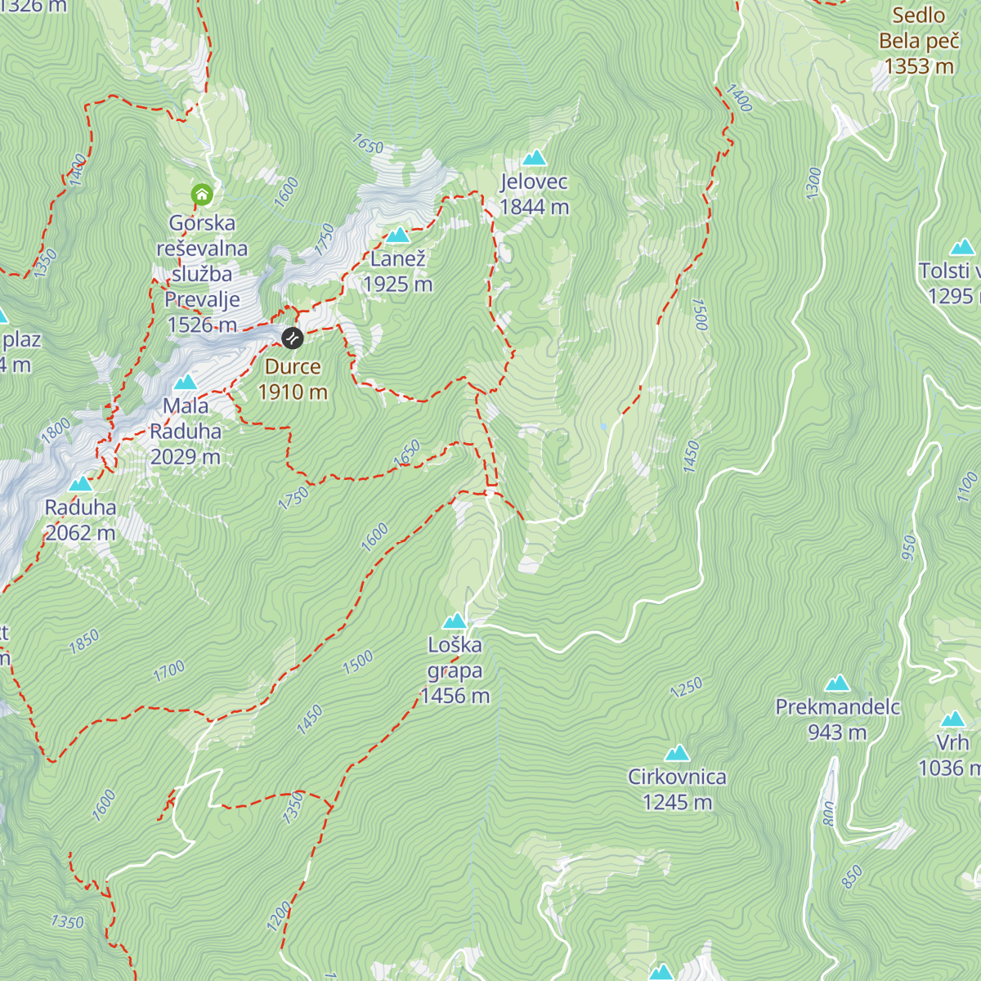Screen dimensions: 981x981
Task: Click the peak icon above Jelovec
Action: (535, 158)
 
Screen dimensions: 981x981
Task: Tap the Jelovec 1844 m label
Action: (535, 195)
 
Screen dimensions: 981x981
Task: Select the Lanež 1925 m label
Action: (397, 271)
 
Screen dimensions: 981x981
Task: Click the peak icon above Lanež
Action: (398, 235)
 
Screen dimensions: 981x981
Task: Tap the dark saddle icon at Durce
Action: (293, 338)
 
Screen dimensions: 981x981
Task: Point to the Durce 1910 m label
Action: (293, 379)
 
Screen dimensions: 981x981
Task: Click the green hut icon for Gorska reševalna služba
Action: (202, 195)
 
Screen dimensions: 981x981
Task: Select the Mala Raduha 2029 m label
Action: (186, 431)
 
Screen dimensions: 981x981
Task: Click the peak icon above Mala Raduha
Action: (186, 382)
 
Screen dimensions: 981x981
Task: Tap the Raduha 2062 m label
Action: (80, 520)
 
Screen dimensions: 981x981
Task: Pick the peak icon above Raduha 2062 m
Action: (80, 484)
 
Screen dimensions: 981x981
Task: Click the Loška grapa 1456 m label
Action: (455, 670)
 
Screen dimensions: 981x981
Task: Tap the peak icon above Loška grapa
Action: (455, 620)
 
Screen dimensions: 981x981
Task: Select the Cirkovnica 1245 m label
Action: (677, 789)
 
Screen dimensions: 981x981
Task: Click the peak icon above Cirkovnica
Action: (677, 753)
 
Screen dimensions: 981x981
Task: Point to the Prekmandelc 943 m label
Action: (837, 719)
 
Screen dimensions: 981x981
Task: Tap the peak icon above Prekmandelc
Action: (837, 683)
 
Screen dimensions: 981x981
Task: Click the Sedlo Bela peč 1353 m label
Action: (919, 41)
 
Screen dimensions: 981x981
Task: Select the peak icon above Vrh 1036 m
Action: (953, 719)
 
